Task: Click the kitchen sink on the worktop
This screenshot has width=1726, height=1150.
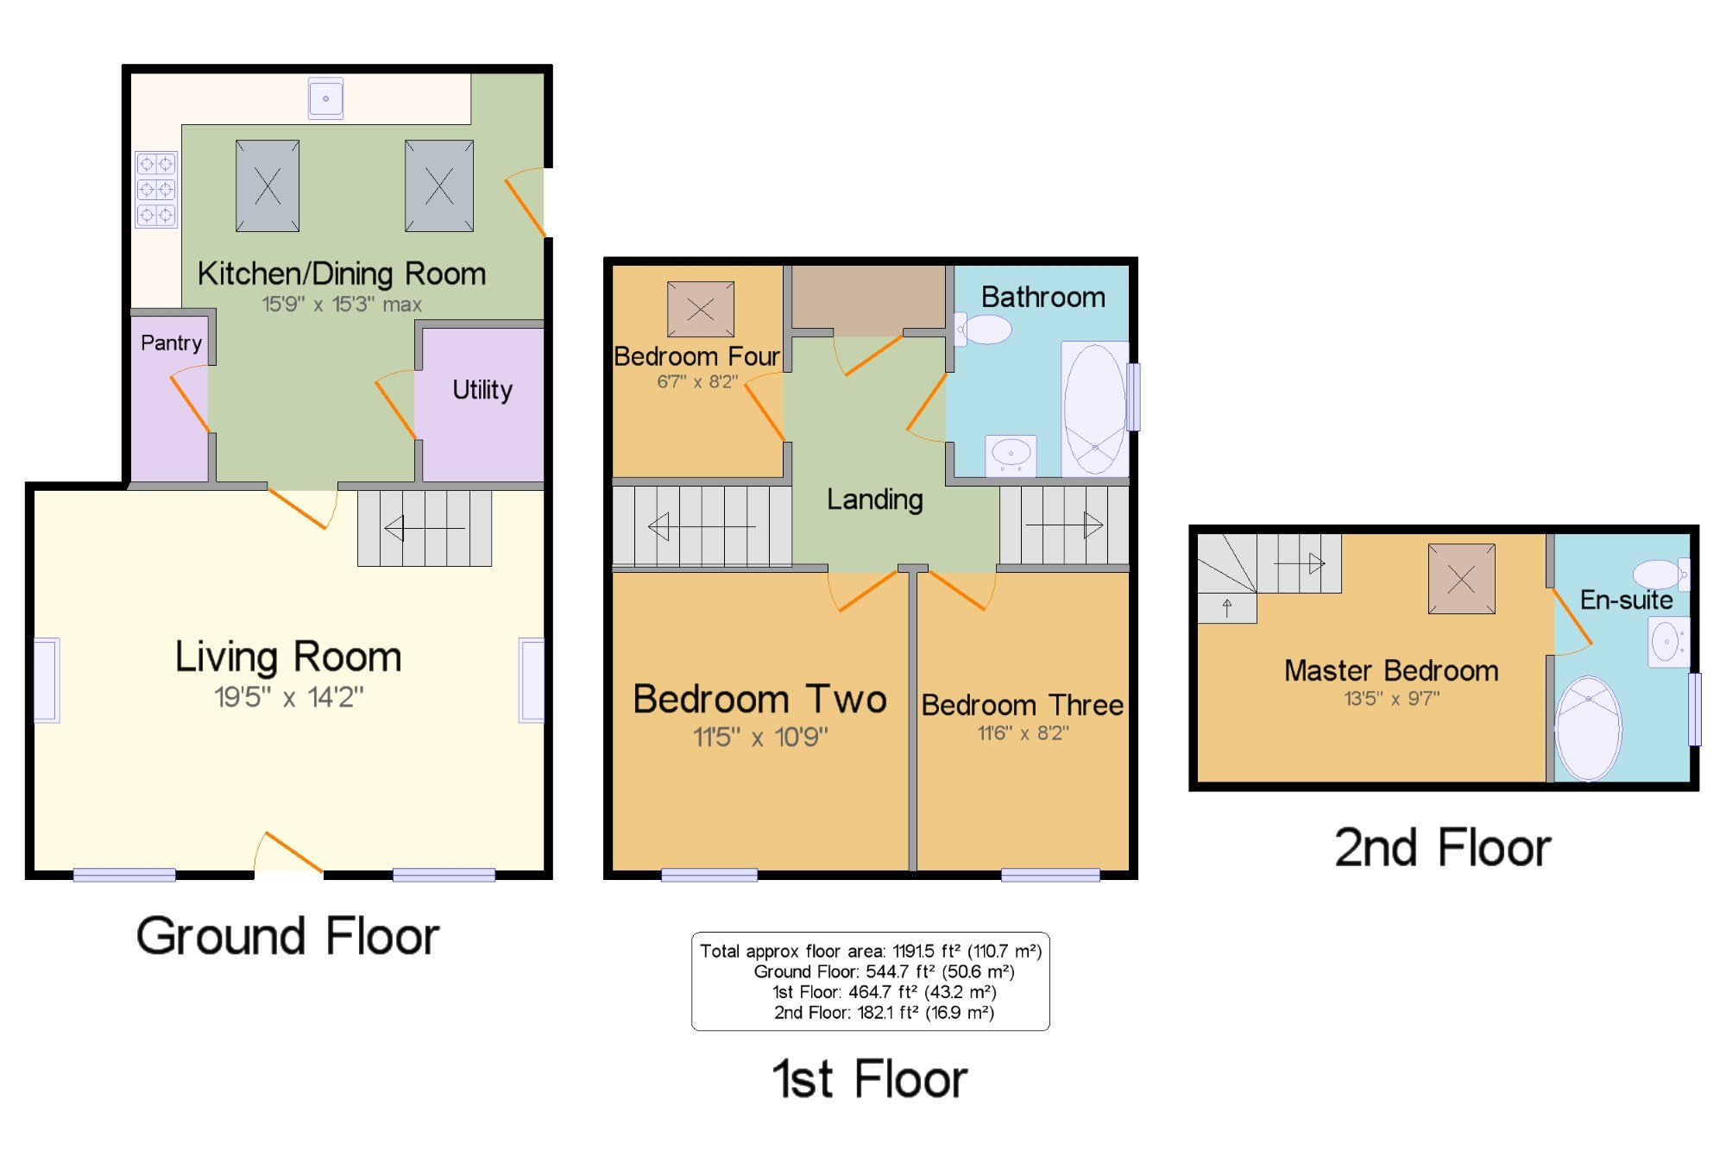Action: point(325,98)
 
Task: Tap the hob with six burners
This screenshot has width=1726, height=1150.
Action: point(156,189)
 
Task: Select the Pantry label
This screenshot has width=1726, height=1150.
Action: point(171,343)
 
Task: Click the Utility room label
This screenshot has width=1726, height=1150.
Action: point(482,390)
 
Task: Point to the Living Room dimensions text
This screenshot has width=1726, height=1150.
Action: point(289,697)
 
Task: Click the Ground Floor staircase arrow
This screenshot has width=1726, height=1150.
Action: point(425,527)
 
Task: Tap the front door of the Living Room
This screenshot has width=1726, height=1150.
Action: point(289,853)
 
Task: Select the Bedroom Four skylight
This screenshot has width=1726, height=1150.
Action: point(701,309)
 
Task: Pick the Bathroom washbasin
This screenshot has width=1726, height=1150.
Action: point(1011,455)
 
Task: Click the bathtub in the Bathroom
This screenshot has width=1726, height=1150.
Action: point(1094,409)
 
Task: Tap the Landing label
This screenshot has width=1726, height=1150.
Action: point(875,500)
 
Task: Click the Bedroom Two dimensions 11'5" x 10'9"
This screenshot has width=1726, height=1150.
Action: point(760,738)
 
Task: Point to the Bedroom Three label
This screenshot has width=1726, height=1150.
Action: point(1023,706)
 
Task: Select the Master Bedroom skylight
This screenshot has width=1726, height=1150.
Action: point(1462,579)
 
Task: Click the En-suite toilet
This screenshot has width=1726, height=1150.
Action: point(1660,574)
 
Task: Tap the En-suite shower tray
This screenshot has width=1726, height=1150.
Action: point(1588,729)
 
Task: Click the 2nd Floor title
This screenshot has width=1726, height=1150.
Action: point(1443,847)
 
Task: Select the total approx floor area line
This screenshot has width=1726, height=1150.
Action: point(871,952)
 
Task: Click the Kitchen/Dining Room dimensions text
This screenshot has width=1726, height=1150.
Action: point(342,305)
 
